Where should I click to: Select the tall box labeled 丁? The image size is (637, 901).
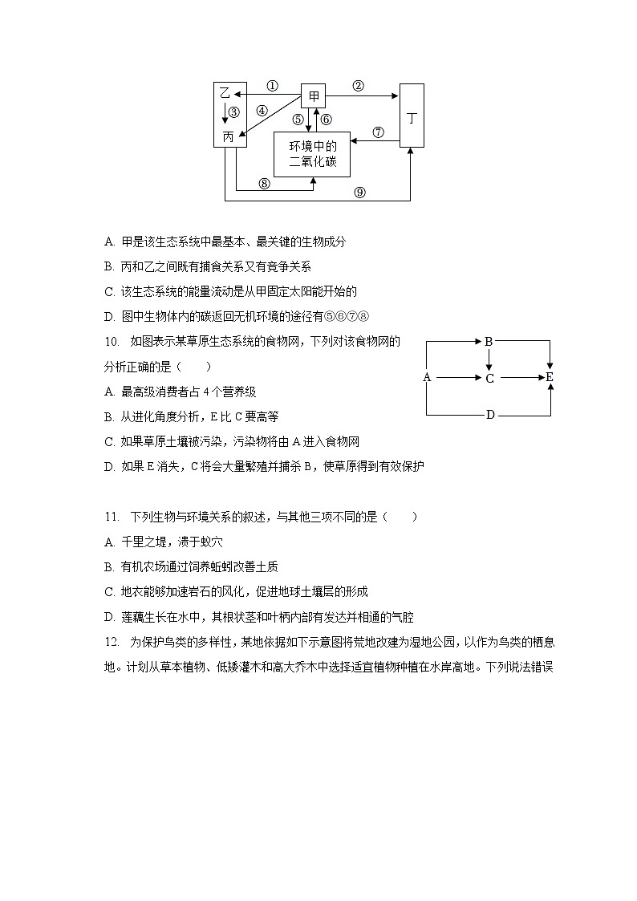pos(412,116)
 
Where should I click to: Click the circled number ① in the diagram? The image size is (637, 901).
pos(272,86)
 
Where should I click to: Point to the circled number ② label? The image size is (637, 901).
pos(359,86)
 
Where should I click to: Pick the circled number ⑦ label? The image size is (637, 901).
pos(378,132)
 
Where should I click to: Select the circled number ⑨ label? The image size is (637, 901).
pos(359,192)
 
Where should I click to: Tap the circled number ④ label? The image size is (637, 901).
pos(262,110)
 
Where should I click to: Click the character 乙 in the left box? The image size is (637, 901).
pos(225,94)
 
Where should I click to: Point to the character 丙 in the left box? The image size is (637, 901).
pos(228,137)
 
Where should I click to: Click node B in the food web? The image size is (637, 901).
pos(489,341)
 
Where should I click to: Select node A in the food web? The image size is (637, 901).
pos(427,377)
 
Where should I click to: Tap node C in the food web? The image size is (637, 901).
pos(489,378)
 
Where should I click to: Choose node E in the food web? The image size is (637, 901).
pos(550,377)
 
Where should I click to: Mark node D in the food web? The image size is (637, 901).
pos(489,415)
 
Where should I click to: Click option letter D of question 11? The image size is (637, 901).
pos(109,617)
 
